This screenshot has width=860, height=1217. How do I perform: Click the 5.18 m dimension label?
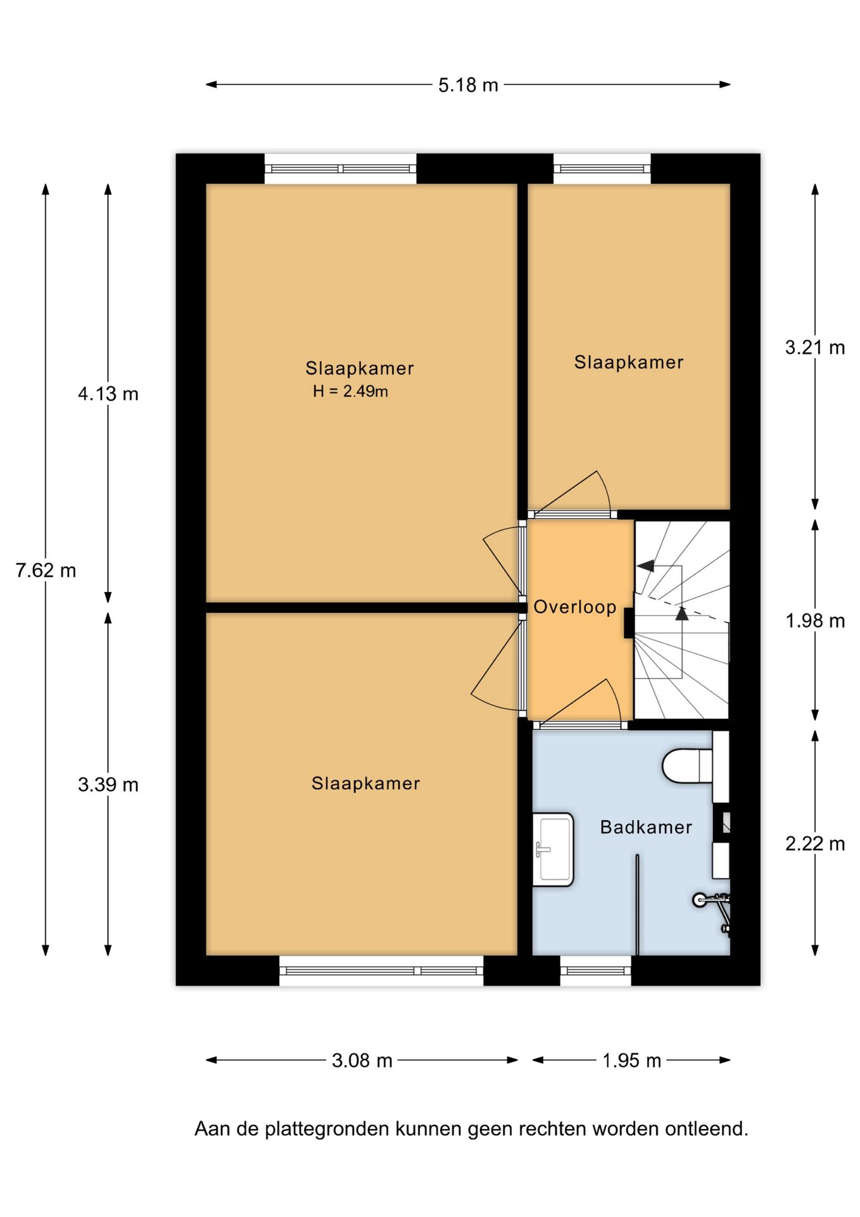pos(468,85)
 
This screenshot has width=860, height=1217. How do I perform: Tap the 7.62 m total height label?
pos(46,570)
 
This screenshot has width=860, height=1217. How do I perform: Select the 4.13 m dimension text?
pos(108,394)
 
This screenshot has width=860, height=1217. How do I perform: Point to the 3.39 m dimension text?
pos(108,785)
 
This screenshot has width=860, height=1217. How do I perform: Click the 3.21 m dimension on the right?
pos(814,347)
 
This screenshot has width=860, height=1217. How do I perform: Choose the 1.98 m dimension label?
pos(814,621)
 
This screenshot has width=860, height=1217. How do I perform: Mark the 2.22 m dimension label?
pos(814,844)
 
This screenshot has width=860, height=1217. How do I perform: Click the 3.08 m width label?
pos(362,1060)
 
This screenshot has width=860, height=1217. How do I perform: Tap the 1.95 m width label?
pos(631,1060)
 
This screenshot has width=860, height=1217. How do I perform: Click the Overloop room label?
pos(574,607)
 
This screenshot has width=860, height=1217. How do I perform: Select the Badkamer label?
pos(645,827)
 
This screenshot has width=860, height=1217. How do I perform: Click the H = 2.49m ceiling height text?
pos(350,392)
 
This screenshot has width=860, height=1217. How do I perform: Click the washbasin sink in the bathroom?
pos(553,849)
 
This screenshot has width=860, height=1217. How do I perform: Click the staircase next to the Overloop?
pos(683,620)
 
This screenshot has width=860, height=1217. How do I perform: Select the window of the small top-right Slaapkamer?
pos(602,169)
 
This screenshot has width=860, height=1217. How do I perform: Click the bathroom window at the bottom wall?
pos(595,970)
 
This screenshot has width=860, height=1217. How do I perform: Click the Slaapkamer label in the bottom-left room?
pos(365,783)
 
